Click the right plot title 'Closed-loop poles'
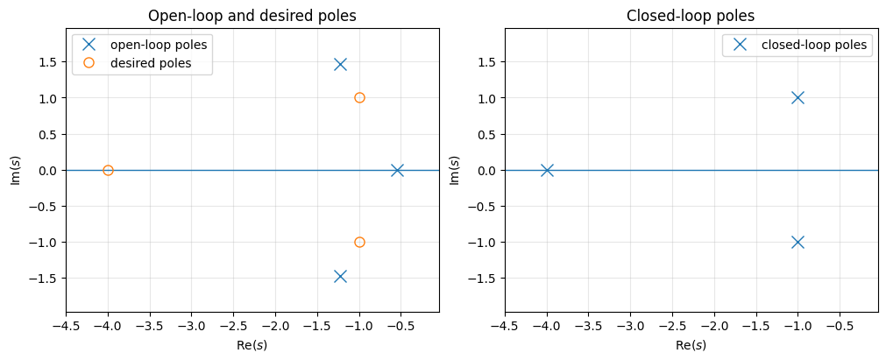691,16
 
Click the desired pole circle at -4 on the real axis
108,170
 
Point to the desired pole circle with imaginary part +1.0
359,97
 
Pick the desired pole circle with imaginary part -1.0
359,242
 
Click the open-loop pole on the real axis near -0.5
397,170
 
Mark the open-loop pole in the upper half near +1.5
340,64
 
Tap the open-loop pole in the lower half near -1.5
340,276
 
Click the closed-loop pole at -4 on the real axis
547,170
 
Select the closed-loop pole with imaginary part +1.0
797,97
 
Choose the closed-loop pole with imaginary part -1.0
797,242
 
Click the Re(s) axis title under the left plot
252,345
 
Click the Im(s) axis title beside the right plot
454,170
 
